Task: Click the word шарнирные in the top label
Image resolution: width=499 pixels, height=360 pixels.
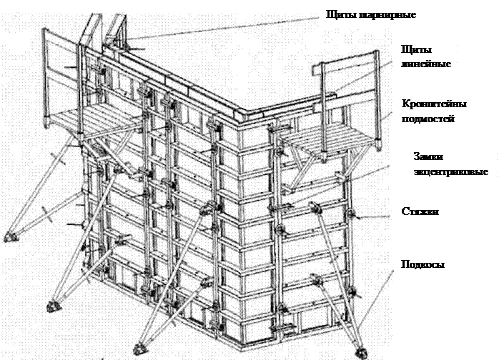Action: [388, 15]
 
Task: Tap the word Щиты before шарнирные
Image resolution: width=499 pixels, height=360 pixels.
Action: [342, 14]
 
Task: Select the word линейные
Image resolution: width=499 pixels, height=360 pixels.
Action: [426, 64]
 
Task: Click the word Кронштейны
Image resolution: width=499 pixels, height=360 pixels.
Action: [434, 104]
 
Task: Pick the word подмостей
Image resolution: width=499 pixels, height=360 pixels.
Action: [428, 119]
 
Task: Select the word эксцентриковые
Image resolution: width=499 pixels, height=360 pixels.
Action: [450, 172]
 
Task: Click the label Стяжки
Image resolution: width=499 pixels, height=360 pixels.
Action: [420, 211]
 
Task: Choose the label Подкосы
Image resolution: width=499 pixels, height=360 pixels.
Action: [423, 264]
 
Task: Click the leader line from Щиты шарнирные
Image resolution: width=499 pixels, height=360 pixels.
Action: [223, 29]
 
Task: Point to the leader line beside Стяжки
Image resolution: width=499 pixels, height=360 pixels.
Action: [375, 217]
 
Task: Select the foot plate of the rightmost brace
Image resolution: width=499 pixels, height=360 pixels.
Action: [361, 352]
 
